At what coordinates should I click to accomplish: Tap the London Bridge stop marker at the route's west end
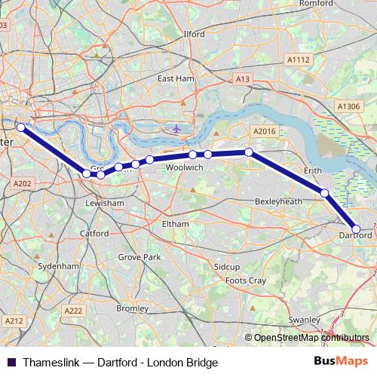point(20,127)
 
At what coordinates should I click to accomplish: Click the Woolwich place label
point(184,168)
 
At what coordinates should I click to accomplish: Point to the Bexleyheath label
point(278,202)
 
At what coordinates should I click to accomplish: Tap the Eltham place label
point(175,224)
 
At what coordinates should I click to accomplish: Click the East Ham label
point(176,78)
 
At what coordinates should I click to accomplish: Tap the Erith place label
point(311,171)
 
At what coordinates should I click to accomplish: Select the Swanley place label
point(304,320)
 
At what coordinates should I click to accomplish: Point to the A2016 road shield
point(265,131)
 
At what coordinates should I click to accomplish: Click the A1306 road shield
point(349,107)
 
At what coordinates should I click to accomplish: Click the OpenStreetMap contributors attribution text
point(311,338)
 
